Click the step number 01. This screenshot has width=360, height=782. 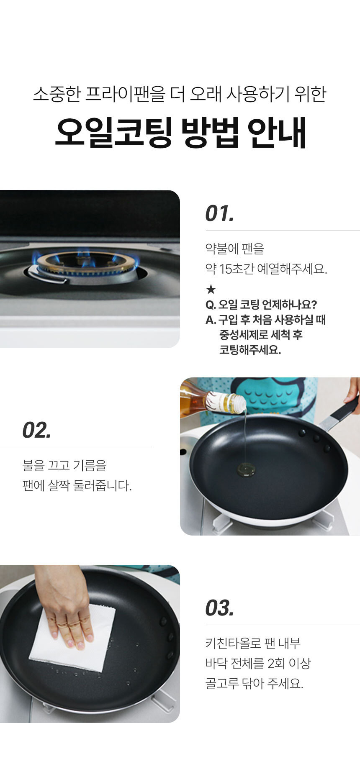[219, 213]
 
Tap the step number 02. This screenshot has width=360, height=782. [37, 430]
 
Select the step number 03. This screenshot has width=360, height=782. [219, 608]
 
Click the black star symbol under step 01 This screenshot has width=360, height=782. [211, 289]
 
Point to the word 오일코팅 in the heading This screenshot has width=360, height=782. [113, 133]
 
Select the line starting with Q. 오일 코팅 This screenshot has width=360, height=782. [261, 305]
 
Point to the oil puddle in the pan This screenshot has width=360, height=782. [246, 470]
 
